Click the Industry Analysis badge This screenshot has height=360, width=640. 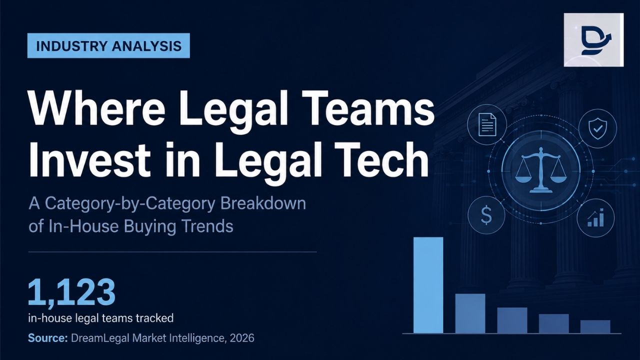coord(108,45)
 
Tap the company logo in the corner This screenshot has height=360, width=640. coord(593,39)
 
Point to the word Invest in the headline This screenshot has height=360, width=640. coord(89,159)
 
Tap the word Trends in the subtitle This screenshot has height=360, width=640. coord(207,226)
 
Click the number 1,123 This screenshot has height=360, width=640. coord(71,292)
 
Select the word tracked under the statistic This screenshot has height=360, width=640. coord(154,318)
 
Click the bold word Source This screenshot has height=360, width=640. coord(47,338)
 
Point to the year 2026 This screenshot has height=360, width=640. coord(241,338)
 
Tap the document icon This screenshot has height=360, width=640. coord(487,124)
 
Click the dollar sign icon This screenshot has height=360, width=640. coord(486,215)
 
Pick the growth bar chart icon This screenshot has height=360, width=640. coord(595,217)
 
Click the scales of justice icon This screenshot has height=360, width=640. coord(540,170)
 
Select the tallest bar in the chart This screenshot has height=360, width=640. coord(428,285)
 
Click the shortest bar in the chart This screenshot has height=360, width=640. coord(595,326)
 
